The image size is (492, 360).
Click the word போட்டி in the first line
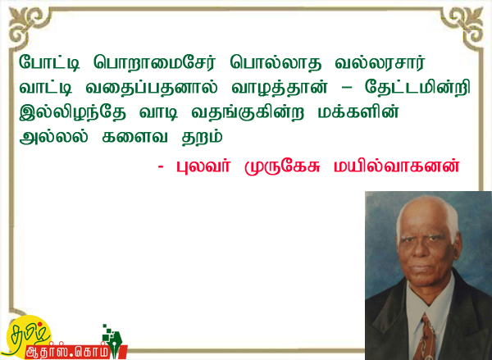tap(49, 62)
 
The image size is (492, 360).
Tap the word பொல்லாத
tap(276, 62)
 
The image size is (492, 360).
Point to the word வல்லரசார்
tap(380, 62)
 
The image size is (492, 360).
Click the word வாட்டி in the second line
tap(46, 87)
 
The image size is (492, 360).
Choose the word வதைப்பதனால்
tap(152, 87)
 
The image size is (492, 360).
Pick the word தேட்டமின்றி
tap(417, 87)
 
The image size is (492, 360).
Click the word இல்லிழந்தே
tap(73, 112)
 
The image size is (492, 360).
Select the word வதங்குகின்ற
tap(248, 112)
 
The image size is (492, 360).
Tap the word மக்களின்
tap(358, 112)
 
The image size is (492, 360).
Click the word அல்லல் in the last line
tap(53, 136)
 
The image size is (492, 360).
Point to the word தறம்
tap(203, 137)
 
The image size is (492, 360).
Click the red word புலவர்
tap(203, 166)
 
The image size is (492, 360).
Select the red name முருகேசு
tap(282, 166)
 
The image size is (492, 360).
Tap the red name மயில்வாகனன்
tap(397, 166)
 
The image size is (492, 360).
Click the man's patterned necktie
tap(425, 337)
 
